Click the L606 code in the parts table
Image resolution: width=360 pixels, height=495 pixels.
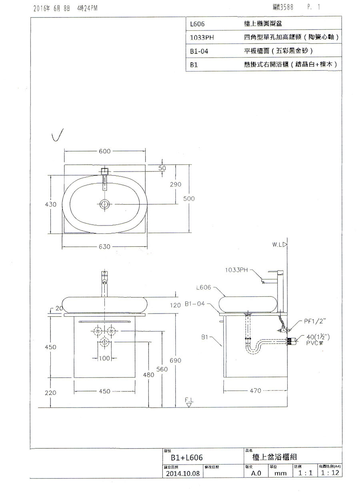[x=198, y=24]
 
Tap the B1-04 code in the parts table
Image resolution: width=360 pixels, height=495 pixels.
[x=199, y=51]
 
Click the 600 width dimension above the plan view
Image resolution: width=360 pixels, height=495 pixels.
[x=105, y=151]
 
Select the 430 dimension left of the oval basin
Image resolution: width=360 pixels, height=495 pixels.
[x=52, y=204]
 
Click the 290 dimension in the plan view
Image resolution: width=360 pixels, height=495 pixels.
[x=175, y=185]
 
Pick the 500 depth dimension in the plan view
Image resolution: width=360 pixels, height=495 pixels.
[x=189, y=199]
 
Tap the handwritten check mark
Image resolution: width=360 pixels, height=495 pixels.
[x=59, y=137]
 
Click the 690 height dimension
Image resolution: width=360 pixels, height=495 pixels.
[x=176, y=361]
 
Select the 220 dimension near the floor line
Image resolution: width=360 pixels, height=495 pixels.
[x=50, y=393]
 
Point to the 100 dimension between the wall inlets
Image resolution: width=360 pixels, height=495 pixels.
[x=104, y=358]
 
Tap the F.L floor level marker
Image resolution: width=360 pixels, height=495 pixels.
[x=189, y=400]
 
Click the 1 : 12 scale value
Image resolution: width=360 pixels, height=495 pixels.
[x=329, y=473]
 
